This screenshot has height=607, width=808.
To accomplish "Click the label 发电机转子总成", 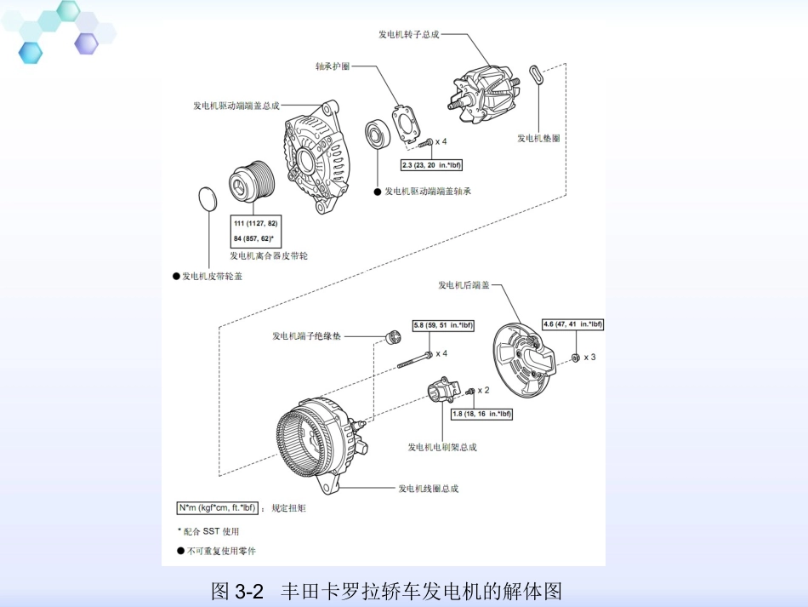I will coord(409,35).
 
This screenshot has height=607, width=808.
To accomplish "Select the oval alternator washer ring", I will coord(535,74).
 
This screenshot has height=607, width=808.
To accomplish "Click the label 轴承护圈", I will coord(333,66).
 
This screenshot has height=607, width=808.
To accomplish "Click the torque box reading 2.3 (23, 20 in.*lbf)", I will coord(431,164).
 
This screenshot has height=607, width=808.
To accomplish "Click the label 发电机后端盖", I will coord(464,285).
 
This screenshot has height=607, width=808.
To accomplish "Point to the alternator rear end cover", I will coord(525,357).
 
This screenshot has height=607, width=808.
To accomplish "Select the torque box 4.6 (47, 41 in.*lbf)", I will coord(572,324).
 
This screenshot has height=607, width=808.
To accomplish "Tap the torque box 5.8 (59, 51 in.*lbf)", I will coord(443,325).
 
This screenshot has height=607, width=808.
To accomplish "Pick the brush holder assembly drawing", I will coord(442,392).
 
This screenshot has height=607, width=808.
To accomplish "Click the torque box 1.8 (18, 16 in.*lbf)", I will coord(481,414).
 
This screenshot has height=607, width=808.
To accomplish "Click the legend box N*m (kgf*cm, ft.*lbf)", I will coord(217,507).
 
